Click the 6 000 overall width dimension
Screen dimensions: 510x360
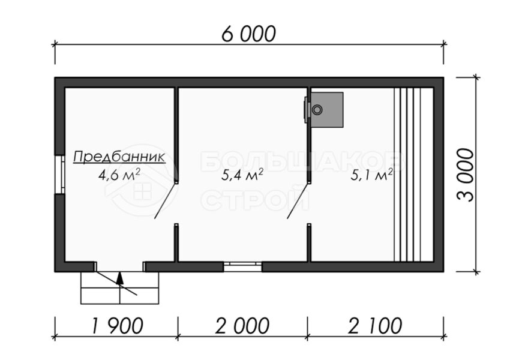click(x=249, y=34)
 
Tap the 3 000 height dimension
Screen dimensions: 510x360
click(x=466, y=175)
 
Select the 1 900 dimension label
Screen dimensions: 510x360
click(x=118, y=326)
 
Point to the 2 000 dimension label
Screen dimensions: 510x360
click(x=242, y=326)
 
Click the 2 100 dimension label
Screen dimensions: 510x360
click(x=375, y=326)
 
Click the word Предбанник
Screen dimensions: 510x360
click(x=119, y=157)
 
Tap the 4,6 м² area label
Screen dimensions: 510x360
click(x=119, y=175)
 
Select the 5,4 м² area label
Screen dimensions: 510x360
click(x=242, y=175)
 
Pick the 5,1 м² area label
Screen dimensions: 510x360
click(x=372, y=175)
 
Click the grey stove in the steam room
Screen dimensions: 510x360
click(x=327, y=110)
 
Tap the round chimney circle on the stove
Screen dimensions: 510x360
click(x=317, y=110)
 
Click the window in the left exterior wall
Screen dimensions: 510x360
click(x=60, y=175)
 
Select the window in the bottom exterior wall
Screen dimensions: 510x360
click(x=242, y=266)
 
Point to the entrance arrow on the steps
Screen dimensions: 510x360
click(x=120, y=278)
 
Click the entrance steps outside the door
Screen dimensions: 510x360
click(x=119, y=288)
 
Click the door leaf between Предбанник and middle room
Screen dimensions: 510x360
click(x=166, y=200)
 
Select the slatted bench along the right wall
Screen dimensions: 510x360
click(x=413, y=175)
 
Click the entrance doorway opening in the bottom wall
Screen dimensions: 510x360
click(x=120, y=266)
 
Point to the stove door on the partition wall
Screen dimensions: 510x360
click(x=306, y=110)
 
